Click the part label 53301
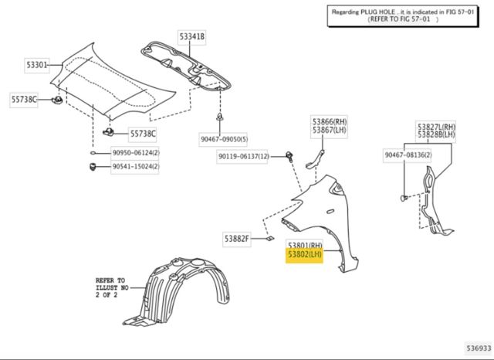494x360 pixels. click(37, 65)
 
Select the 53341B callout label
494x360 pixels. click(192, 37)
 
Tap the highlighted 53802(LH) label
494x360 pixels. click(304, 255)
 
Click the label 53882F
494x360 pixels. click(237, 239)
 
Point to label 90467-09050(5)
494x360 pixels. click(224, 139)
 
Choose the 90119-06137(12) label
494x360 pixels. click(242, 156)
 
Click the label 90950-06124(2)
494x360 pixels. click(136, 153)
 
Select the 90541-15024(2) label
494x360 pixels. click(136, 166)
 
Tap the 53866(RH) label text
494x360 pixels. click(330, 122)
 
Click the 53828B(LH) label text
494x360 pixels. click(436, 134)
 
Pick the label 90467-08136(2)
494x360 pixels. click(408, 155)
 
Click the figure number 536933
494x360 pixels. click(479, 348)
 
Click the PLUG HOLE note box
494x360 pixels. click(403, 15)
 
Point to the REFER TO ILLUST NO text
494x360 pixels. click(112, 287)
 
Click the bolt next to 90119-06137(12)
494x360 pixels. click(289, 157)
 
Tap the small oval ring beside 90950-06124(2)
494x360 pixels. click(94, 153)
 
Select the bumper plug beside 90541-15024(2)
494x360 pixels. click(93, 166)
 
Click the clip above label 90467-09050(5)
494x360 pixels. click(219, 117)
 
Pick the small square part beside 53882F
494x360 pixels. click(270, 239)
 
